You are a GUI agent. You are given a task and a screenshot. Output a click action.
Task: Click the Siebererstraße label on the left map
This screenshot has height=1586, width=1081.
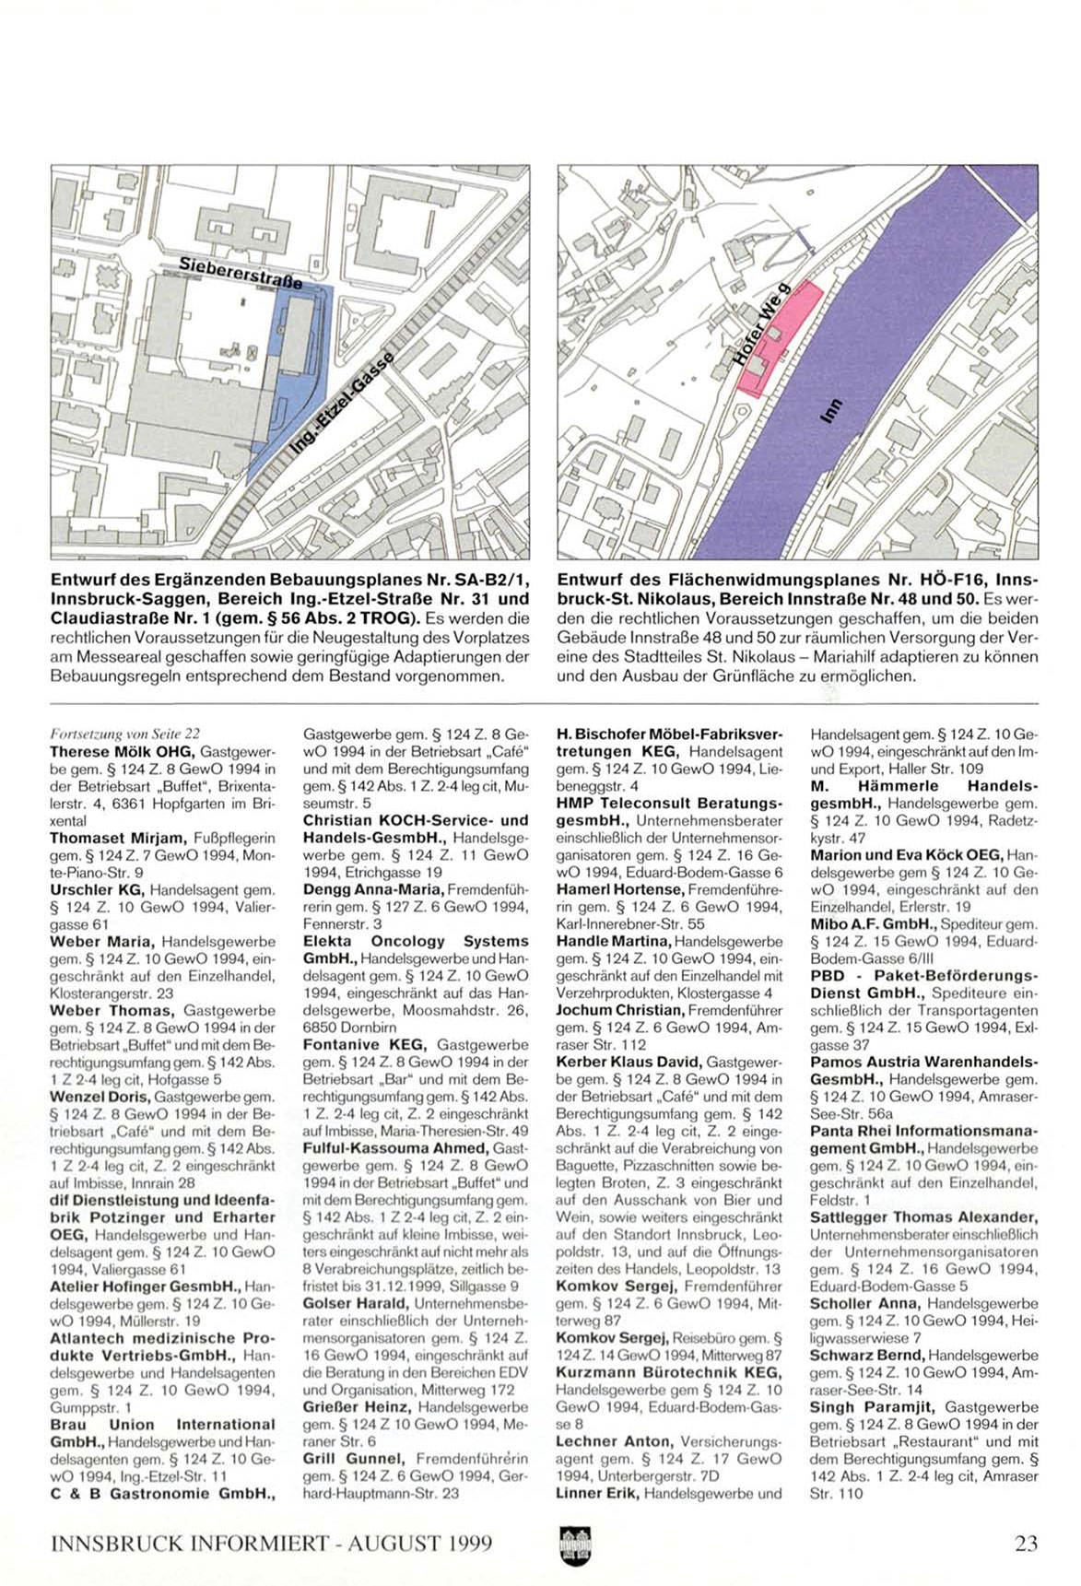[x=241, y=274]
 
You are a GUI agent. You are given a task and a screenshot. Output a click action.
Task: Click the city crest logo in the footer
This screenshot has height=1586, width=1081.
[x=573, y=1545]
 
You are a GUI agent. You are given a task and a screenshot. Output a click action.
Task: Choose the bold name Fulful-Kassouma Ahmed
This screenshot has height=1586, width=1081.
[x=395, y=1149]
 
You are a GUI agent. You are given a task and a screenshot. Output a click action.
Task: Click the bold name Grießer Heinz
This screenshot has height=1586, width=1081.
[x=357, y=1407]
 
